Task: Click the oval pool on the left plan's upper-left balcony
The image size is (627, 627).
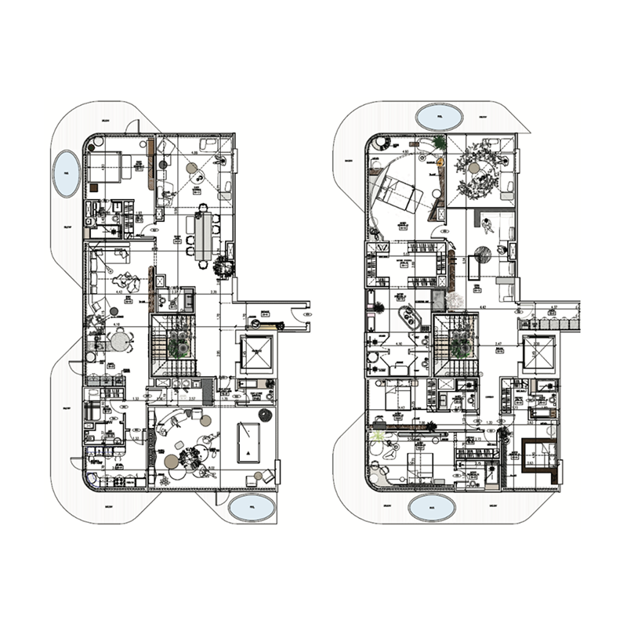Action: (x=65, y=174)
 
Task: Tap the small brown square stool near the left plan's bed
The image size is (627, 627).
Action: (x=93, y=187)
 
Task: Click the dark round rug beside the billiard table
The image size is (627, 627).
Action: (x=264, y=413)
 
